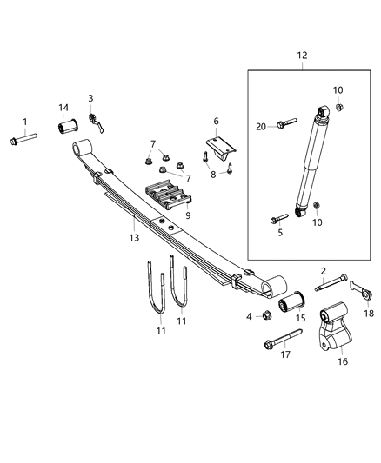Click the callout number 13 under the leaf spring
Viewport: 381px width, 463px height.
[133, 235]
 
